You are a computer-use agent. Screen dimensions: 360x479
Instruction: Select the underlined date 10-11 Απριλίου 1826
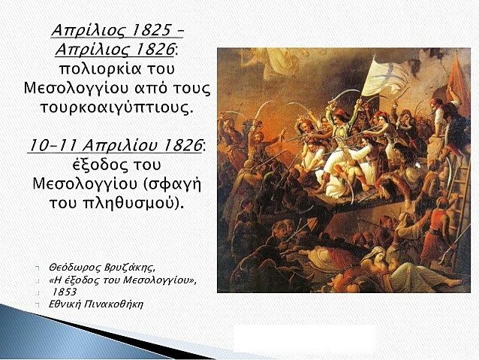pos(114,144)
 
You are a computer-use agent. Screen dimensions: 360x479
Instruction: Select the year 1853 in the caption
pos(65,292)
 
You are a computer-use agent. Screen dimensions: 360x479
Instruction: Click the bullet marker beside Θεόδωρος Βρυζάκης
pos(38,268)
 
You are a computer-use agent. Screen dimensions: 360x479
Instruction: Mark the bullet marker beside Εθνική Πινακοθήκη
pos(38,305)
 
